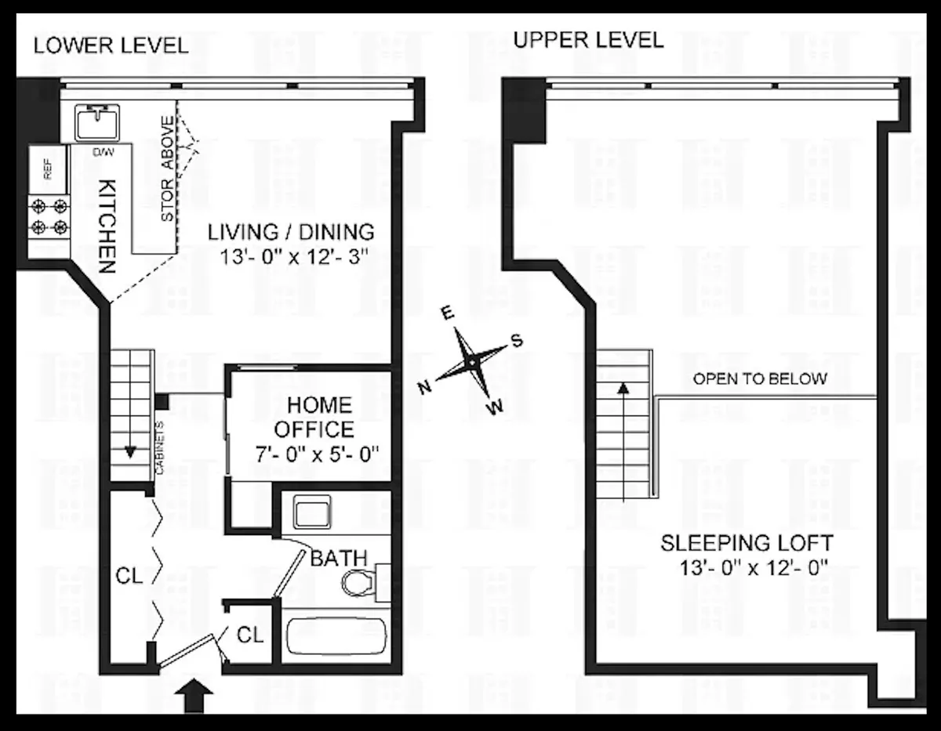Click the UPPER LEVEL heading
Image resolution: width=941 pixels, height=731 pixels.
587,39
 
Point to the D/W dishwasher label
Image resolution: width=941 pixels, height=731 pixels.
102,151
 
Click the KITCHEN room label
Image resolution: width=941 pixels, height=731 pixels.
107,224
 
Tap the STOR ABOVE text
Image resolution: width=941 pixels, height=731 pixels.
167,168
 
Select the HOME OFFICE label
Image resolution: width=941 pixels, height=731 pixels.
319,417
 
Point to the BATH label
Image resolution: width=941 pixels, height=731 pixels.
339,558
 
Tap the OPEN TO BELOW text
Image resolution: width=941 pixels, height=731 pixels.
760,379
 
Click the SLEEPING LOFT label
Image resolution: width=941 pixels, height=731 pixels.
747,542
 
